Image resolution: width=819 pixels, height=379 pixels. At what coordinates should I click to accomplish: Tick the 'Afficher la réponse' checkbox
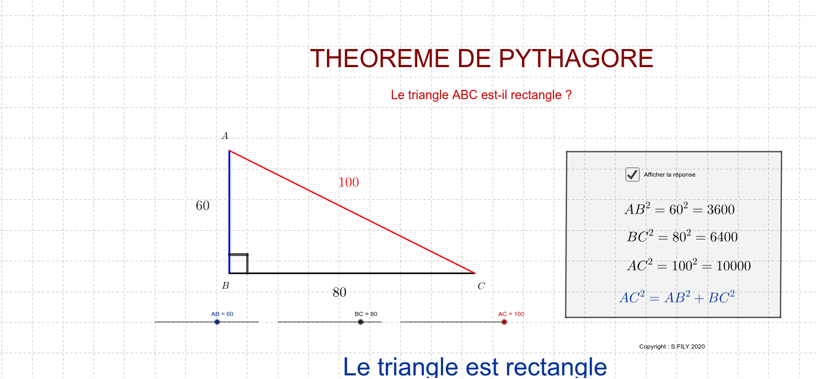point(632,175)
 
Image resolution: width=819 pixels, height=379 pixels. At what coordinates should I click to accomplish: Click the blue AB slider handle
point(217,322)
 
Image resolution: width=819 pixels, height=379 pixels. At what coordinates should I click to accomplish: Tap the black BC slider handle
point(360,322)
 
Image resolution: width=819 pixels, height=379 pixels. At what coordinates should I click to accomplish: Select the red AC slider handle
point(504,322)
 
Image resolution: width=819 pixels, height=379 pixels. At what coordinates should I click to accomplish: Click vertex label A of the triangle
point(225,136)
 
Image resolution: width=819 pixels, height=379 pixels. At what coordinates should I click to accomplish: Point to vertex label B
point(226,286)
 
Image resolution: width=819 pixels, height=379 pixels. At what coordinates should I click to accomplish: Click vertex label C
point(481,286)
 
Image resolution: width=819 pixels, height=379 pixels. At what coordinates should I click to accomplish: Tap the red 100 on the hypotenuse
point(349,182)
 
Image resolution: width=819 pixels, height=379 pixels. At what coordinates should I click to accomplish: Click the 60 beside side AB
point(202,206)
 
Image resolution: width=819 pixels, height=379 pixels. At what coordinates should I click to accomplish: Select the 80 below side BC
point(339,292)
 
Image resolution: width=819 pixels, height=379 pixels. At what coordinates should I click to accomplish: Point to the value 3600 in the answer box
point(721,210)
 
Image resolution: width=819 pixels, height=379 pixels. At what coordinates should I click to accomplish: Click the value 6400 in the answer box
point(724,237)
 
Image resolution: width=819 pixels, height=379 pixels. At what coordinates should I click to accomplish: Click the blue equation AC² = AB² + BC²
point(677,297)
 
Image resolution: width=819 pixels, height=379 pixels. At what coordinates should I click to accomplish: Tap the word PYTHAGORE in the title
point(576,58)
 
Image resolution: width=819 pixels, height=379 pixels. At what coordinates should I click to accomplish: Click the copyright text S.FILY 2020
point(688,346)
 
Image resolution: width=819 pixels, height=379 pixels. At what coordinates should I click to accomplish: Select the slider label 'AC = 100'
point(511,314)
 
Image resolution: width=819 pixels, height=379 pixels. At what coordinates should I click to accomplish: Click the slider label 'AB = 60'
point(222,314)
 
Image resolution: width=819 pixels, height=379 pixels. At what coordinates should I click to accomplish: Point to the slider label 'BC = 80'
point(366,314)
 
